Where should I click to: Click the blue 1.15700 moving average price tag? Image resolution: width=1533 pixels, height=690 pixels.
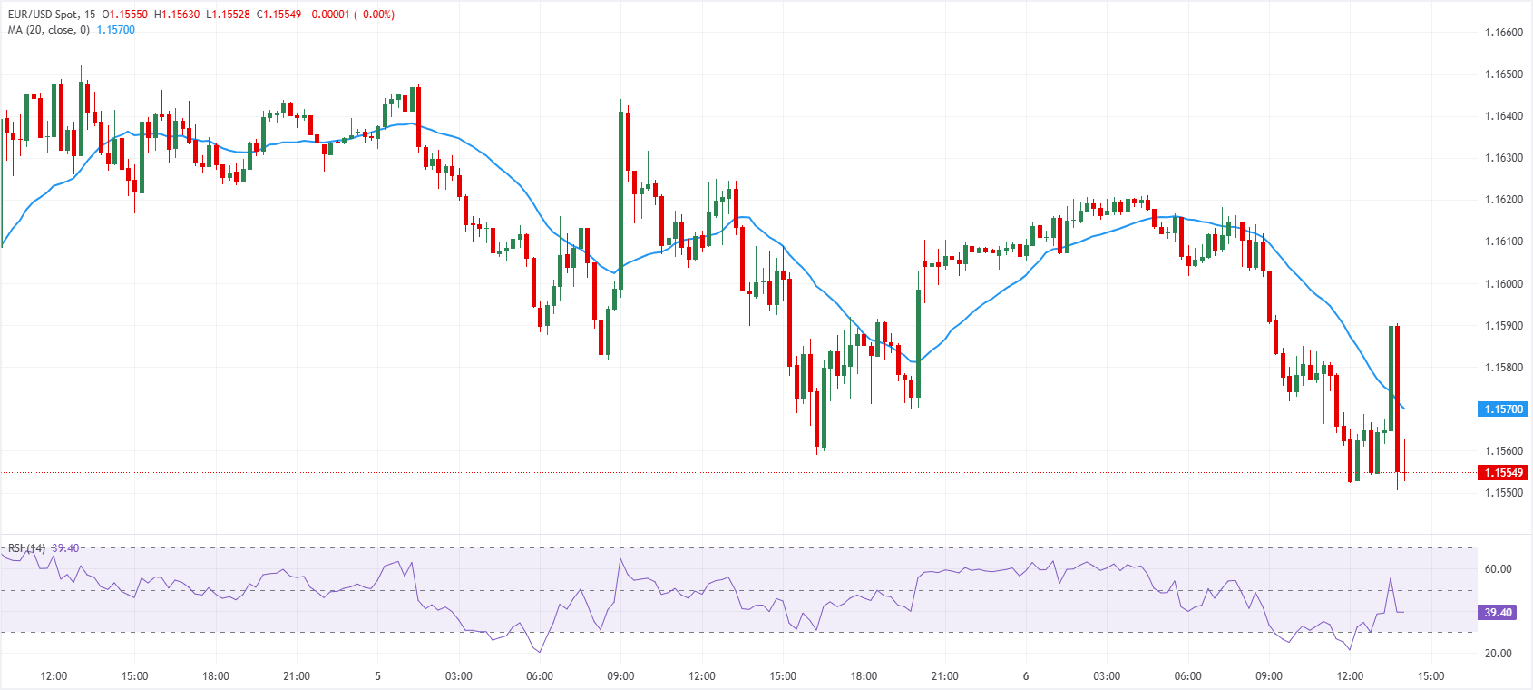coord(1503,409)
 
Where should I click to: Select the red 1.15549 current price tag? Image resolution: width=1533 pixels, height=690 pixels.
coord(1503,473)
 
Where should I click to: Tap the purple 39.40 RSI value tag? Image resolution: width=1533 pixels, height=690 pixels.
coord(1498,613)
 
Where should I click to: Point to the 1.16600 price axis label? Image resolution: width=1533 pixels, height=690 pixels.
coord(1503,33)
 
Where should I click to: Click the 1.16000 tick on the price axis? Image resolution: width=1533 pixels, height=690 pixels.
coord(1503,284)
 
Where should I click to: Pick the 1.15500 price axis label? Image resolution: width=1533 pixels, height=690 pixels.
coord(1503,493)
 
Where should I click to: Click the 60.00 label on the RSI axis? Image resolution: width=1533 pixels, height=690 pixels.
coord(1498,569)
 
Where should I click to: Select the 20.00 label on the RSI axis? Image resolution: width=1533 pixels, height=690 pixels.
coord(1498,654)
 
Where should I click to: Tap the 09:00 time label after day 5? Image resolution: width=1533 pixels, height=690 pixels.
coord(620,676)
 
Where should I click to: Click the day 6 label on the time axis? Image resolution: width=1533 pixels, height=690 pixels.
coord(1026,676)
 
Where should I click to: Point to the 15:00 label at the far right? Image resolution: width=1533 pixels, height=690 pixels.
coord(1430,676)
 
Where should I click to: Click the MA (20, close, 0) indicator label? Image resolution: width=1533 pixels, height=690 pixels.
coord(49,30)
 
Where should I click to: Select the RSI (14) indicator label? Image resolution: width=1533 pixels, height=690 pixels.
coord(26,548)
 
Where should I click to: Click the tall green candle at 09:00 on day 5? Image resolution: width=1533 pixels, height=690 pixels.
coord(621,191)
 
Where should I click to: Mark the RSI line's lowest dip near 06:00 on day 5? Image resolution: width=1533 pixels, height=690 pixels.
coord(540,652)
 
